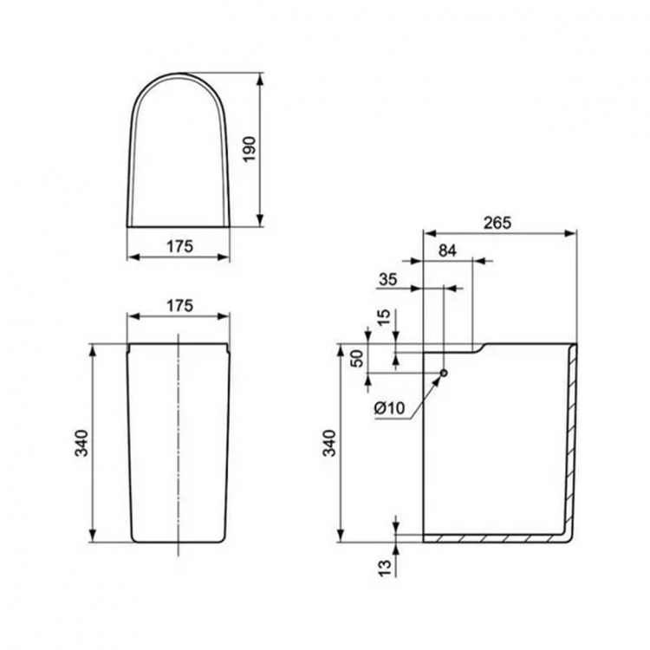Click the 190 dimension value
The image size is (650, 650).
[x=276, y=151]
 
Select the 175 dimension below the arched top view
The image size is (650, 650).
[x=179, y=246]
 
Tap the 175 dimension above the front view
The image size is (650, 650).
[x=179, y=305]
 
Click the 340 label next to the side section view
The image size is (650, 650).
[x=328, y=443]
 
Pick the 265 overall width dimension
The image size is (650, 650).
[x=498, y=222]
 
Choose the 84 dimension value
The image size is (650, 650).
[x=447, y=250]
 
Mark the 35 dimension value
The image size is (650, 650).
[x=388, y=279]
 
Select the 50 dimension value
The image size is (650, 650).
[x=356, y=360]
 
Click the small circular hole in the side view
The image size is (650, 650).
[x=444, y=374]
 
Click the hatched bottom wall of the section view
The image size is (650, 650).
[x=494, y=538]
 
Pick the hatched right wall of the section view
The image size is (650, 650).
[x=571, y=433]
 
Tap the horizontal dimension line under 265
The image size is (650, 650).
[x=498, y=232]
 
